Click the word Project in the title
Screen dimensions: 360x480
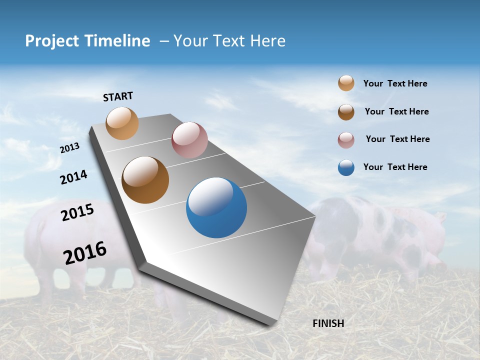(52, 41)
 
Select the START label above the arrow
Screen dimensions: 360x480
(118, 96)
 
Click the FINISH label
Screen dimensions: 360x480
(328, 323)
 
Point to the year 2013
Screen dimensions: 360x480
(69, 148)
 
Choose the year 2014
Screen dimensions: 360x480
(73, 177)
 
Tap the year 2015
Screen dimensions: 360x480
(77, 212)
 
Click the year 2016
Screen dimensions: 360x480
(85, 253)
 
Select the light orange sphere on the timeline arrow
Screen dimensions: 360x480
(122, 123)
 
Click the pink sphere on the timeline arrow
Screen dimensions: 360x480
(189, 140)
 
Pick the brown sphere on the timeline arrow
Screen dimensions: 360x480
(145, 180)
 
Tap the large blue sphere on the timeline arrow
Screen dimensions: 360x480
(216, 207)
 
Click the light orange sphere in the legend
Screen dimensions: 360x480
(346, 83)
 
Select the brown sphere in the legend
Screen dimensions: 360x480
(346, 112)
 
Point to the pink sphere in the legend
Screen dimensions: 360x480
(346, 140)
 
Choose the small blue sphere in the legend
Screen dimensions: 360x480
(346, 167)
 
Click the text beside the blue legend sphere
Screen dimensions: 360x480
(395, 167)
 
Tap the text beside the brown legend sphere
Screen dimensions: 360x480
(396, 111)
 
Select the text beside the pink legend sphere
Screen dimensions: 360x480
(397, 139)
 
